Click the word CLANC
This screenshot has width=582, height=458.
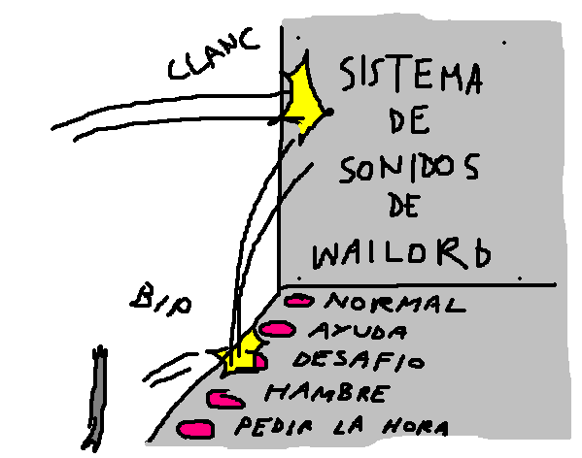click(214, 54)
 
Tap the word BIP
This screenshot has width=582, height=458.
click(161, 300)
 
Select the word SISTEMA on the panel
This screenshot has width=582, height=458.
click(411, 76)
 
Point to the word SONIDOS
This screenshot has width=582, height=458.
click(409, 169)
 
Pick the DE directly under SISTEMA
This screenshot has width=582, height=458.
click(410, 119)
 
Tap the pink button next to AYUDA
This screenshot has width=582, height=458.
click(277, 329)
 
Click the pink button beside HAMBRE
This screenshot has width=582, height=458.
click(225, 399)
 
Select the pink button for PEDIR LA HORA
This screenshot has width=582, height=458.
click(195, 430)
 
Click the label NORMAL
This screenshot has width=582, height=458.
click(394, 303)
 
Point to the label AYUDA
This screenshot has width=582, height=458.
click(359, 331)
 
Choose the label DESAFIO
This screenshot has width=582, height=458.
click(359, 360)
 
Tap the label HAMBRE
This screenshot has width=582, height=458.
click(327, 394)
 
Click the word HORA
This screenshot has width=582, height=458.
click(416, 428)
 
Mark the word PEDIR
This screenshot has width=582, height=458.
click(274, 426)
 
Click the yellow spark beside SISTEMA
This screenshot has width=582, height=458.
click(305, 98)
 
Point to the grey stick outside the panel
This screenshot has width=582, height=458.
click(96, 399)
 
